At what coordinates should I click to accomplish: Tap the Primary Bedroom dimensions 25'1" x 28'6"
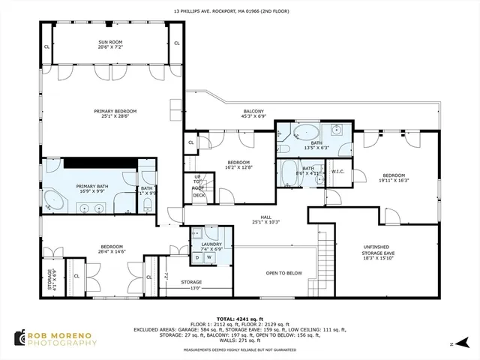tap(115, 115)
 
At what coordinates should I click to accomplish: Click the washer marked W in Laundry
tap(209, 258)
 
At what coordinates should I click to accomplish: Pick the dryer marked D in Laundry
tap(198, 258)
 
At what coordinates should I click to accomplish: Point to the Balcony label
tap(253, 111)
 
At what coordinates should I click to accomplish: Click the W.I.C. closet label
tap(337, 171)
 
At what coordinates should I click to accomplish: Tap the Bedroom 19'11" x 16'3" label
tap(392, 177)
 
